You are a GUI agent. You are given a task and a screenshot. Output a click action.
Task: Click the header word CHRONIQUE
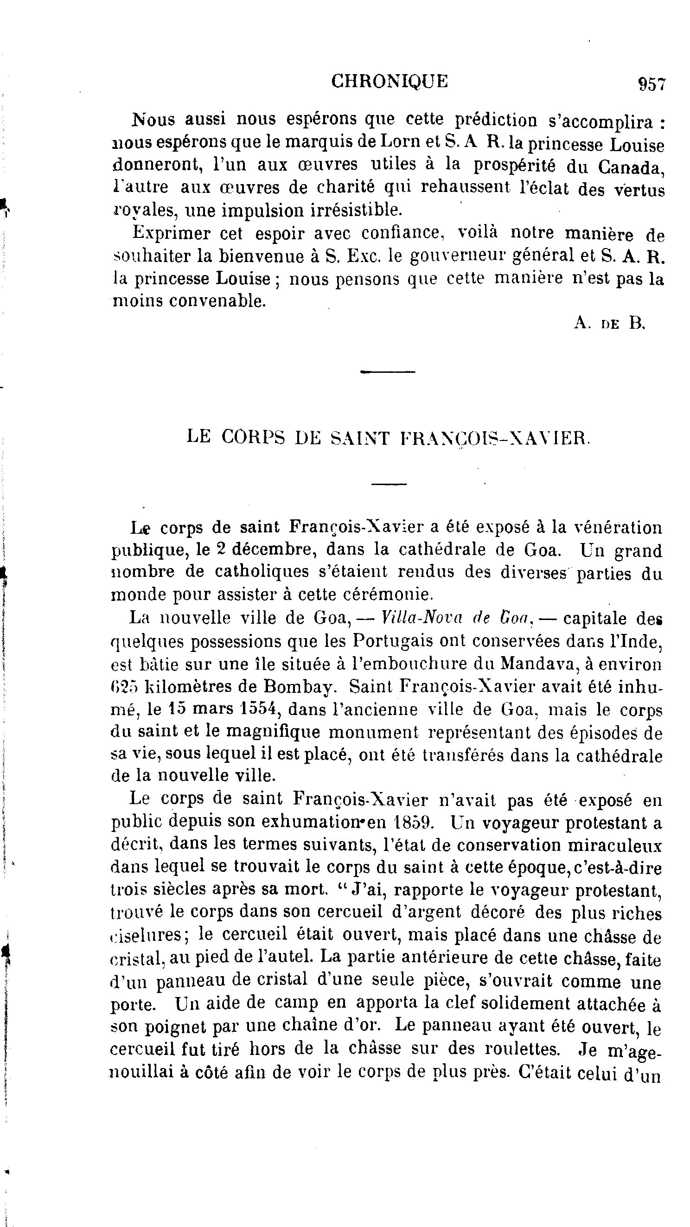[x=390, y=82]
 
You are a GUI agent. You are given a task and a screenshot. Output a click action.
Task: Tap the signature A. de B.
[x=609, y=323]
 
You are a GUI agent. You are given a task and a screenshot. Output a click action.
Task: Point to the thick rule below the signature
[x=388, y=371]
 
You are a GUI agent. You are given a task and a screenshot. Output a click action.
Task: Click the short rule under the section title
[x=389, y=485]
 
